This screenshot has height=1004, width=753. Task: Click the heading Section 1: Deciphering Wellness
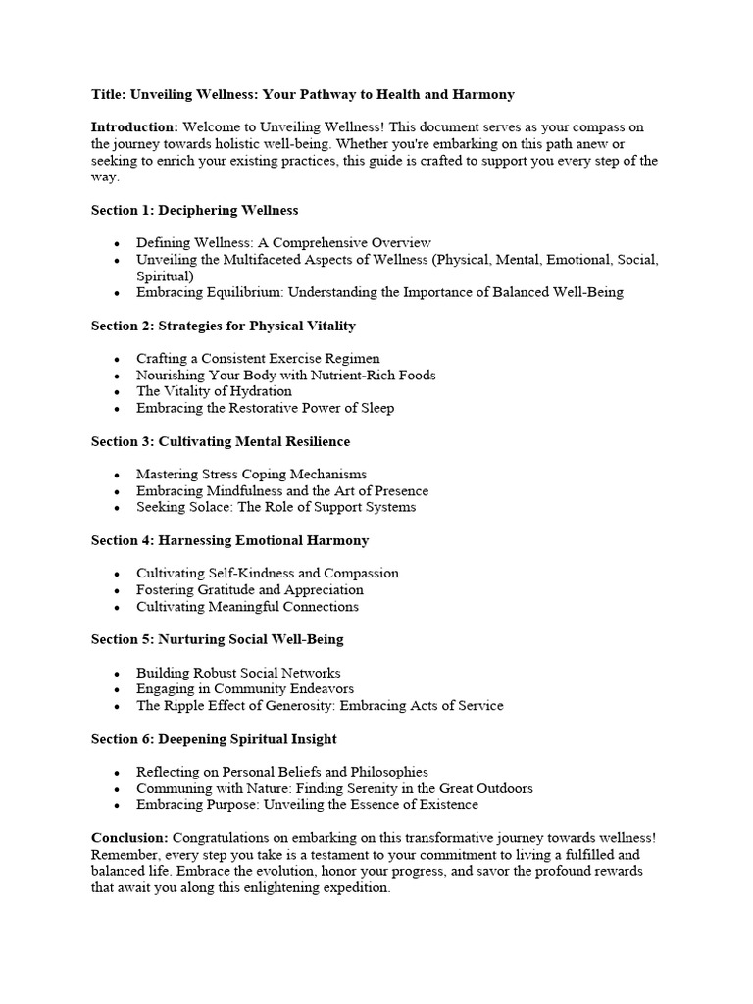pos(194,210)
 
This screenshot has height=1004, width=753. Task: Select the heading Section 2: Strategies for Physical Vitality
pos(223,326)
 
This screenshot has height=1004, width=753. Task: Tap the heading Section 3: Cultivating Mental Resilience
pos(220,441)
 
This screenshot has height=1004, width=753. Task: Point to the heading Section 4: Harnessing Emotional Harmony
pos(229,540)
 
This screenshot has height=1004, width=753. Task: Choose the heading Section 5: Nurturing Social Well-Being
pos(217,639)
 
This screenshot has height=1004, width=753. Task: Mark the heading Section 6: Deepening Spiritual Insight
pos(214,738)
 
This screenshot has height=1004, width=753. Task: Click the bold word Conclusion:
pos(129,838)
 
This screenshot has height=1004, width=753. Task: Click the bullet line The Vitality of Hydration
pos(214,391)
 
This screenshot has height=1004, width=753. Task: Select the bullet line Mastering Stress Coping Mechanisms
pos(251,475)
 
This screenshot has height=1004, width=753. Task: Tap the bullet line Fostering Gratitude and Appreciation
pos(249,590)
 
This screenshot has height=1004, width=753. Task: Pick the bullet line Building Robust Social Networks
pos(238,673)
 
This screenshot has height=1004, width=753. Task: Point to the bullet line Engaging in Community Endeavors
pos(245,689)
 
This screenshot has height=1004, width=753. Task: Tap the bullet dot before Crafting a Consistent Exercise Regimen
pos(117,359)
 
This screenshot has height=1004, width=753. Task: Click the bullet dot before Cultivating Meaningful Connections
pos(117,607)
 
